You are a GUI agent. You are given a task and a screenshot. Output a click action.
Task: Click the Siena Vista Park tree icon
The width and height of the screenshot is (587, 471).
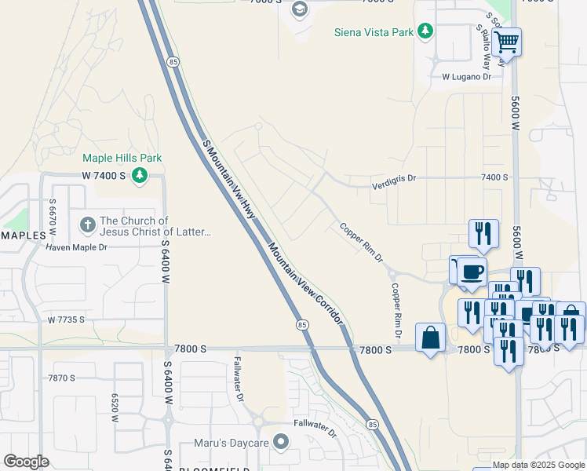[x=425, y=31]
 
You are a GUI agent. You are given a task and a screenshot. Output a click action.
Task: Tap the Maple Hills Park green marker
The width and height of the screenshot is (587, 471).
[x=140, y=174]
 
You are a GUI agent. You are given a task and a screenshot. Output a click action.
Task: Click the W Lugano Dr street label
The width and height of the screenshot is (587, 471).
[x=466, y=77]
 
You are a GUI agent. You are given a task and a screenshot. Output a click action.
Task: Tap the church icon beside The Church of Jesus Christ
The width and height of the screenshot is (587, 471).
[x=87, y=226]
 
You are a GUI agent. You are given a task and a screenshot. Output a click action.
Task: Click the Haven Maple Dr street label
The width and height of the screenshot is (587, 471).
[x=76, y=247]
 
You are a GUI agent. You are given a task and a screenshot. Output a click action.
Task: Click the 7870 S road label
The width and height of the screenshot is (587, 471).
[x=60, y=378]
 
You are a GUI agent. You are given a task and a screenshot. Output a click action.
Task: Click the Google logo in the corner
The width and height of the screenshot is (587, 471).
[x=27, y=462]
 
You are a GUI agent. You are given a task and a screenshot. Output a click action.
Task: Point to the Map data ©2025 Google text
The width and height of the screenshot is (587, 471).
[x=538, y=465]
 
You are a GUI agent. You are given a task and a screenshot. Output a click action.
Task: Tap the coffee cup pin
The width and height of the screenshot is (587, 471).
[x=472, y=271]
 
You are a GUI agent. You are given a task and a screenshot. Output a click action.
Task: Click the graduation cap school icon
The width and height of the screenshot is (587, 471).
[x=299, y=9]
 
